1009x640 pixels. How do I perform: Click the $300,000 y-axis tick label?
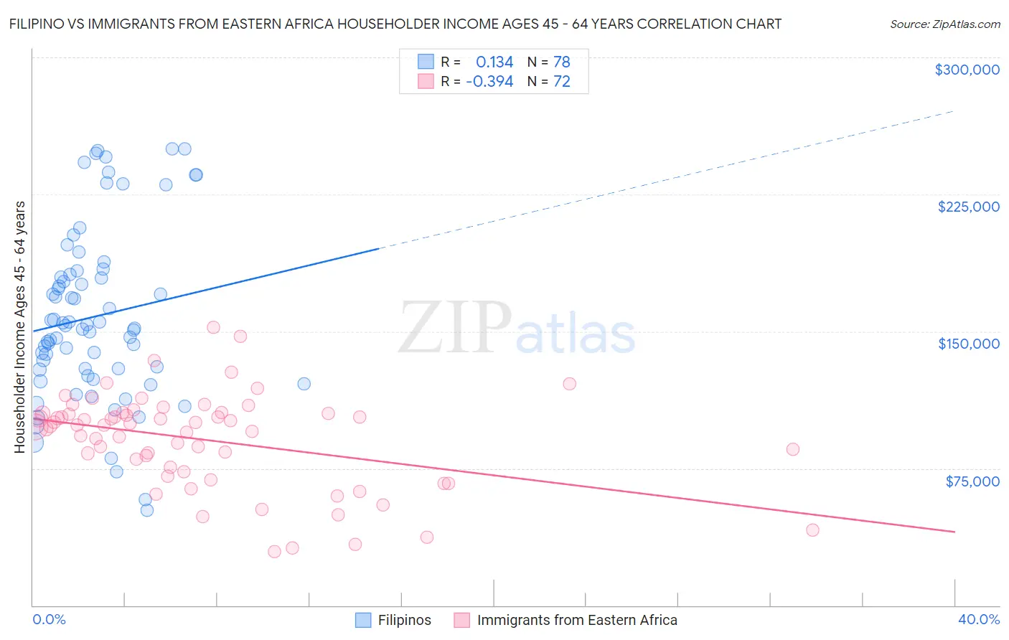point(967,70)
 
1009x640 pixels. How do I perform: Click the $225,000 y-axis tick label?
point(968,207)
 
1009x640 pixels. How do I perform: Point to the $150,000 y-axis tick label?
point(968,344)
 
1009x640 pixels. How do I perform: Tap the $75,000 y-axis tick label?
point(972,481)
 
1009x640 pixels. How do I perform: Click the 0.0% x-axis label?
point(49,619)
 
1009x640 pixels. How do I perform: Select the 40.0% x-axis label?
point(978,619)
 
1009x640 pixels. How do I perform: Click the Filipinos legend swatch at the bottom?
point(363,620)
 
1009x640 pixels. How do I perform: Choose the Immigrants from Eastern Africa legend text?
point(577,620)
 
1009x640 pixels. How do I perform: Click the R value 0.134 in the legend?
point(494,62)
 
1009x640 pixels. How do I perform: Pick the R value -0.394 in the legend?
point(489,82)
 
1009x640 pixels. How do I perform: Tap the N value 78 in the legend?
point(561,62)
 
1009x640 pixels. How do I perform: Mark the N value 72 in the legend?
point(561,82)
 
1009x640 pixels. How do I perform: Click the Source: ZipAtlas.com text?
point(944,24)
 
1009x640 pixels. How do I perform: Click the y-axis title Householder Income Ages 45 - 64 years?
point(20,327)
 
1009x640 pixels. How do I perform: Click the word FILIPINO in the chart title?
point(39,24)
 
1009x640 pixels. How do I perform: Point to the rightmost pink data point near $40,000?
point(812,530)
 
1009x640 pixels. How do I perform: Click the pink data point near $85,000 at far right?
point(792,449)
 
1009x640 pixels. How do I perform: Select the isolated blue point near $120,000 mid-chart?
point(304,384)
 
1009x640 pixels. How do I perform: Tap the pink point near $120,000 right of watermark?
point(569,384)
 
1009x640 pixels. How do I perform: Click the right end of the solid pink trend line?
point(954,532)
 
